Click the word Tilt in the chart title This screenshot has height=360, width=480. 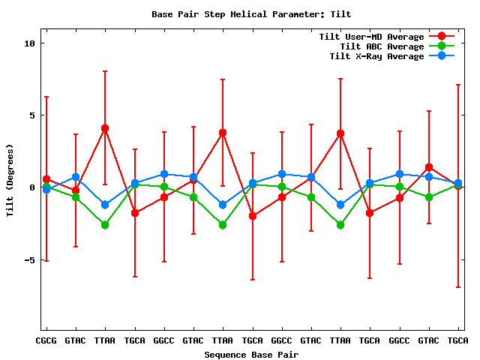(x=340, y=14)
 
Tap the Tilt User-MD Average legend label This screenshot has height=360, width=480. (x=371, y=37)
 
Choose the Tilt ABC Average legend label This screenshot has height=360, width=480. (x=376, y=46)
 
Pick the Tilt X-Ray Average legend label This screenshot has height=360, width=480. (x=376, y=56)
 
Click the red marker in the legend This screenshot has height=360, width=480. (x=441, y=37)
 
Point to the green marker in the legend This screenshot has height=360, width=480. (x=441, y=46)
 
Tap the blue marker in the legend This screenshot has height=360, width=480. (x=441, y=56)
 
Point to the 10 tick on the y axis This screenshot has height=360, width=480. (x=29, y=43)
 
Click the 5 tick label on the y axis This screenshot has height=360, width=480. (x=32, y=115)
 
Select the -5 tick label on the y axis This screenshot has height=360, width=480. (x=29, y=259)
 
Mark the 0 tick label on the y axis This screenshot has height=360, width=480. (x=32, y=187)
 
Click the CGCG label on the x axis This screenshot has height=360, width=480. (x=46, y=340)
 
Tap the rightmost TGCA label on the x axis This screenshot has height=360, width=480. (x=458, y=340)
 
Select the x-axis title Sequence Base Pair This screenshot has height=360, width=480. (x=251, y=355)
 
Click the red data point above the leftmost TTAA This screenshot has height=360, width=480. (x=105, y=128)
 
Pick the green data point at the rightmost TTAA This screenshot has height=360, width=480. (x=340, y=225)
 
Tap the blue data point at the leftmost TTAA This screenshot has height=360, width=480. (x=105, y=205)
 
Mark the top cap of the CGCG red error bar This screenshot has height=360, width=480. (x=46, y=97)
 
